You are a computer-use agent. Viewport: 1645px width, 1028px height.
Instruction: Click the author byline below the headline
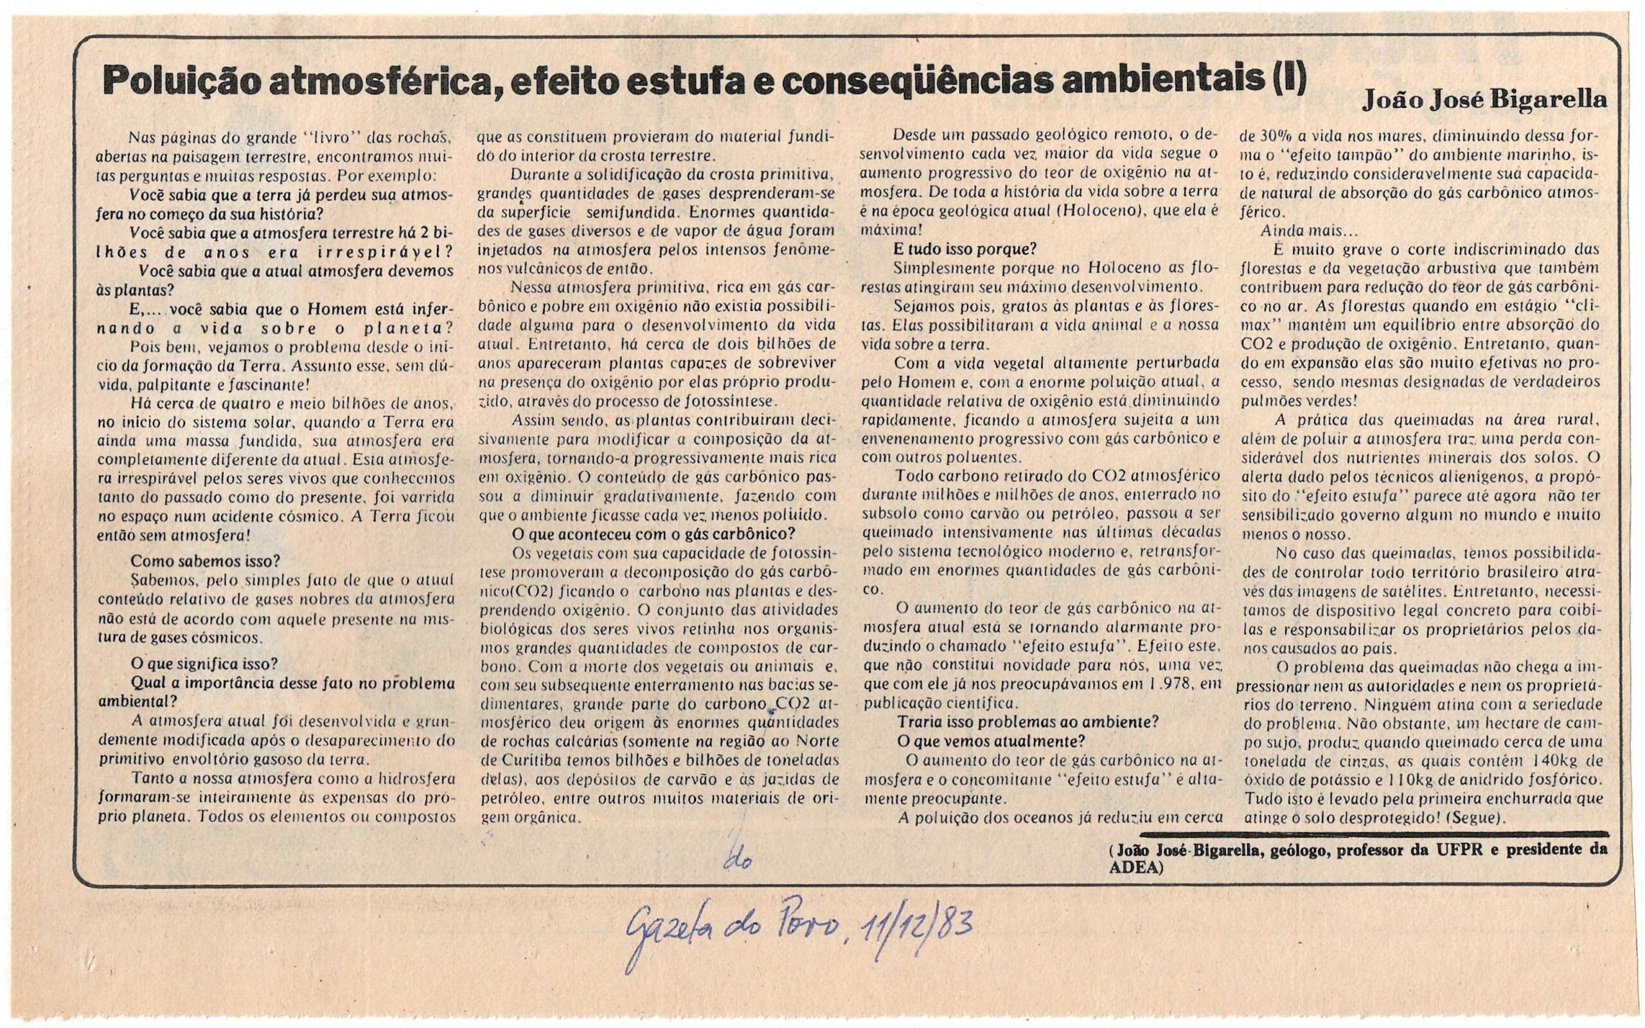(x=1484, y=101)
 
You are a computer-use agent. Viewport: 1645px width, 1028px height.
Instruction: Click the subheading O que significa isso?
(x=204, y=664)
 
